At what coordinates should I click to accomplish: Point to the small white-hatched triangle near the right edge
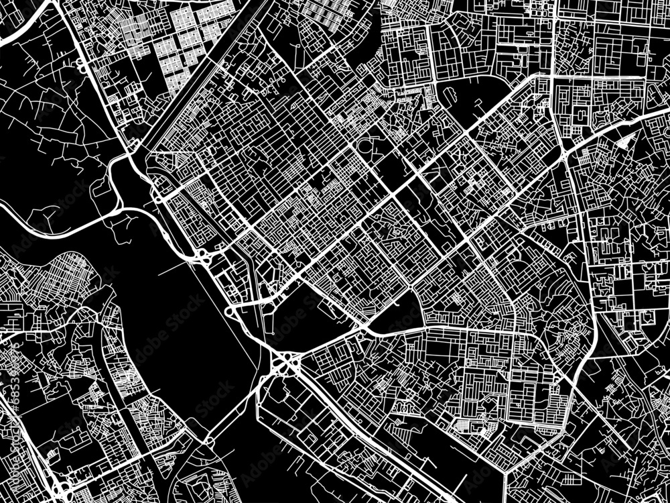(627, 140)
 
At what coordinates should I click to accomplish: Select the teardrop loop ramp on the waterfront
(231, 311)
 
